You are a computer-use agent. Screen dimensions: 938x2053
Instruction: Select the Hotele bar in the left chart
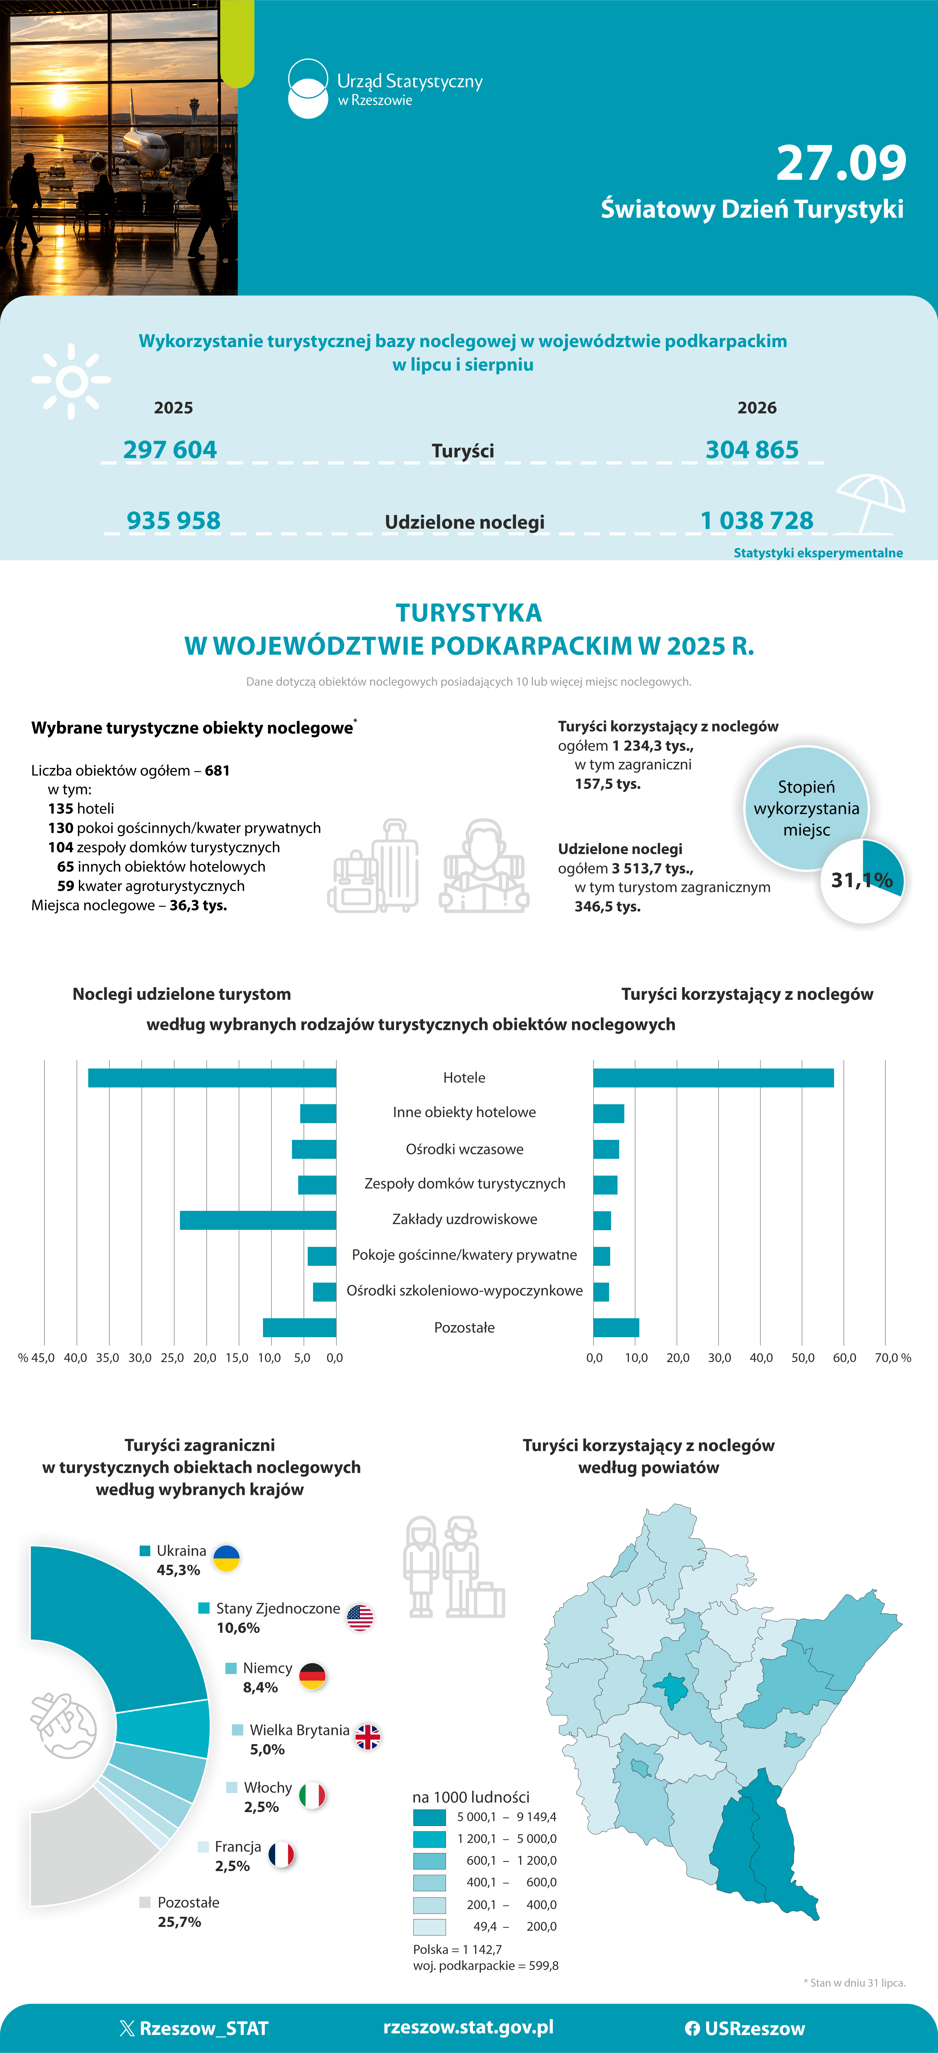[x=212, y=1078]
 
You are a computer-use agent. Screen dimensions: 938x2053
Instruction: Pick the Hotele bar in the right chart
[x=713, y=1078]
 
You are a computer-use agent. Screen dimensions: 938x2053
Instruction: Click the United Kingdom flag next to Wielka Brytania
[x=367, y=1737]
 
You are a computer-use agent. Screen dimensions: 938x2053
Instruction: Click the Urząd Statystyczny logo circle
[x=307, y=89]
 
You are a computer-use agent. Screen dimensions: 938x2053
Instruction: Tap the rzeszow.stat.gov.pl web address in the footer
[x=469, y=2028]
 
